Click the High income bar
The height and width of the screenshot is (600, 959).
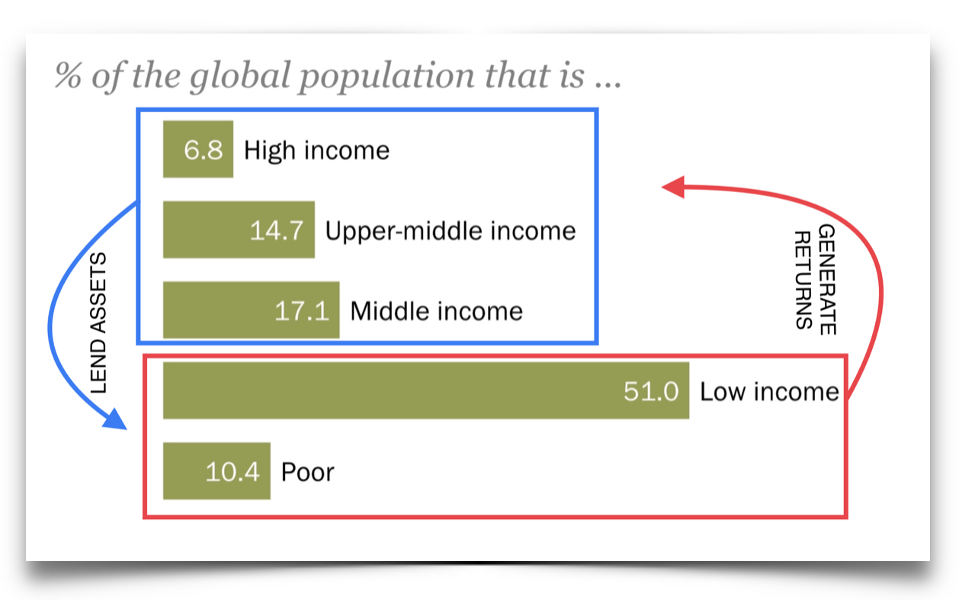pos(198,149)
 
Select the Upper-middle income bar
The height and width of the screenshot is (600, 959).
pos(239,229)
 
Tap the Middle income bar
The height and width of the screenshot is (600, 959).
pos(252,310)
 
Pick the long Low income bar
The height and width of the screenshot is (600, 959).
pos(426,390)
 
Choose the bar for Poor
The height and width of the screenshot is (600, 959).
pos(216,471)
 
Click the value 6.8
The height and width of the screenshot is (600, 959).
pos(204,150)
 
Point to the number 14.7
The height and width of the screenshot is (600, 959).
pos(277,230)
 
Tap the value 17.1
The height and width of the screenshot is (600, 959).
pos(302,311)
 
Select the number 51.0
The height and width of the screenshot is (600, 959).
pos(651,391)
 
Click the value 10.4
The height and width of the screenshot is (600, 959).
pos(233,472)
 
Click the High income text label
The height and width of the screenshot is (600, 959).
pos(317,150)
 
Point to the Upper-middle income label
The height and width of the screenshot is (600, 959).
pos(451,231)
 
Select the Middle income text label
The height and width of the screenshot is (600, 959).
pos(436,311)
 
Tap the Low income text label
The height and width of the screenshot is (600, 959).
pos(769,392)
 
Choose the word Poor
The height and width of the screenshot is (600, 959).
pos(307,473)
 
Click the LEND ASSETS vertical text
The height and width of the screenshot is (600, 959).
pos(98,323)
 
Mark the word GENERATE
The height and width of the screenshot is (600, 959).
pos(827,279)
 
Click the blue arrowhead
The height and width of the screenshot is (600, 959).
pos(115,419)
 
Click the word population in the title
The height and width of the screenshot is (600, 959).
pos(386,76)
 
